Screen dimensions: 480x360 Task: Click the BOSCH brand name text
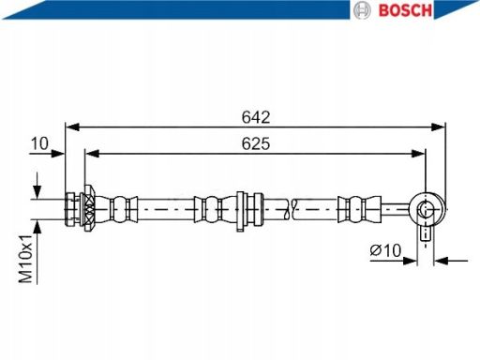[x=405, y=10]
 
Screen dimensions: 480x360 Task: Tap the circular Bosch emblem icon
[x=362, y=10]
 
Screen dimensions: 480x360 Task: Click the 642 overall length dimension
[x=256, y=117]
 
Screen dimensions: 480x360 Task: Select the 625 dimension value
[x=256, y=143]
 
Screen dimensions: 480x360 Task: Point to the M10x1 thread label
[x=26, y=259]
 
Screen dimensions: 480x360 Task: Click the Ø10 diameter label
[x=385, y=250]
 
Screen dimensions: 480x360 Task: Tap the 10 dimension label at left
[x=39, y=143]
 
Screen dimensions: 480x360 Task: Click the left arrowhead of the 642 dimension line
[x=72, y=127]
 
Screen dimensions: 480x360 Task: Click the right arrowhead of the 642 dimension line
[x=438, y=127]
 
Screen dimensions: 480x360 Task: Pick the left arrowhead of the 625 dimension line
[x=92, y=154]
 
